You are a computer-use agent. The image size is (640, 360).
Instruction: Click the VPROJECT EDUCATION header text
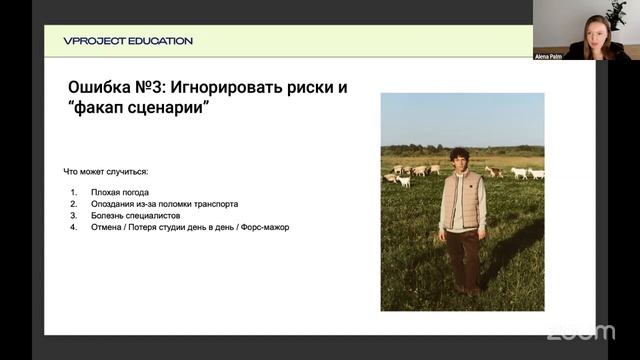(x=128, y=41)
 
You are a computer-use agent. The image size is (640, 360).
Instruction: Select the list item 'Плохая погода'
(x=119, y=192)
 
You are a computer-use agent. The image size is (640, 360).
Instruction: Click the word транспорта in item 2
(x=213, y=204)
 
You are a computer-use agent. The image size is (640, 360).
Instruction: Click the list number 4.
(x=74, y=227)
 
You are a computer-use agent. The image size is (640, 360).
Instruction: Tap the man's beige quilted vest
(x=461, y=199)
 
